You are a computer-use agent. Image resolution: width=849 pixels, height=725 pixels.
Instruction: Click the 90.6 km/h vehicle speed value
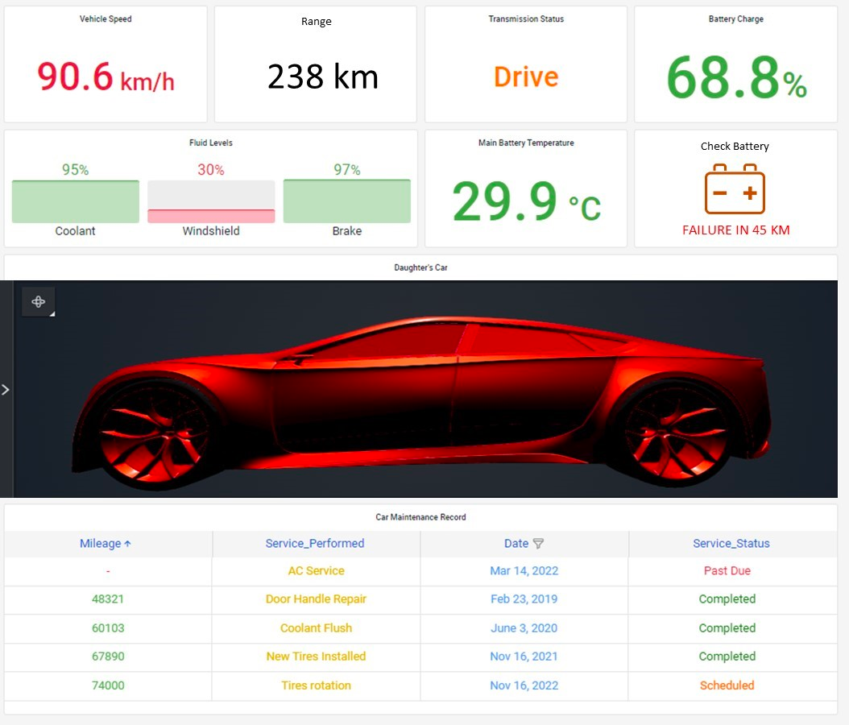tap(106, 77)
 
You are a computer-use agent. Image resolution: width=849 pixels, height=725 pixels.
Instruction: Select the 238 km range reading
tap(323, 77)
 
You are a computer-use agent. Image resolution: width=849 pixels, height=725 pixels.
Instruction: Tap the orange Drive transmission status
tap(526, 77)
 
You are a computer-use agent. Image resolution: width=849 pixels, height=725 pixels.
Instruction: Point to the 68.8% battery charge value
tap(736, 78)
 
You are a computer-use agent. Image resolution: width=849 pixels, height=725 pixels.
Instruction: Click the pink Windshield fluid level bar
tap(211, 216)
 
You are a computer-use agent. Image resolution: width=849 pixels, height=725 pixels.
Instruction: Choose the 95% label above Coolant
tap(75, 169)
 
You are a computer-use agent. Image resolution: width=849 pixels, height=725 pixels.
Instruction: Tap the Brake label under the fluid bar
tap(347, 230)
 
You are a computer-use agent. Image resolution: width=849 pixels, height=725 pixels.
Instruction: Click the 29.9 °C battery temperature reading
tap(526, 201)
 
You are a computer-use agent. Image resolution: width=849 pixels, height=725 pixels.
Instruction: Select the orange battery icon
tap(735, 189)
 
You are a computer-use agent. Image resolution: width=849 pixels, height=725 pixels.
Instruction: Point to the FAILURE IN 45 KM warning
tap(736, 230)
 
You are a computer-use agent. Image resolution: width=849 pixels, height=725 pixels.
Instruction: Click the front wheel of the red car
tap(155, 433)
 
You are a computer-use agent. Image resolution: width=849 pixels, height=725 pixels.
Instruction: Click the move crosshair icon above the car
tap(39, 301)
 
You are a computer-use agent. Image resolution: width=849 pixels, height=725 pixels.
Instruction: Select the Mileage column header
tap(106, 543)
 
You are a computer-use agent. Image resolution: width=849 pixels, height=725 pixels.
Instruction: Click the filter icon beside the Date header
tap(538, 543)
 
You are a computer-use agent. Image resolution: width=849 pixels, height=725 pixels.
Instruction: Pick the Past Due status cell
tap(727, 570)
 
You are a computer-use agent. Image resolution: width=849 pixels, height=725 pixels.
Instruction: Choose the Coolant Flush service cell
tap(317, 628)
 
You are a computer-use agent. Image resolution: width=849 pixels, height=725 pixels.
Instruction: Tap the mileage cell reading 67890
tap(108, 657)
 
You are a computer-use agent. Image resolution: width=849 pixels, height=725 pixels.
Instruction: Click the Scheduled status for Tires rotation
tap(727, 686)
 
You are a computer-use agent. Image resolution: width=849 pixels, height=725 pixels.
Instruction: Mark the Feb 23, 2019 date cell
tap(524, 599)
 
